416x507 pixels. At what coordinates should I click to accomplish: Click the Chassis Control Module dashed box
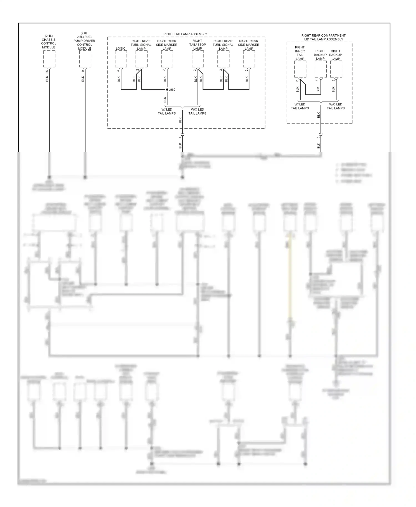pyautogui.click(x=49, y=59)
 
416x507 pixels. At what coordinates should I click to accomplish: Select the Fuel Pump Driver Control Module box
pyautogui.click(x=85, y=59)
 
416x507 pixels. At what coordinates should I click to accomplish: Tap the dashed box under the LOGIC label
pyautogui.click(x=121, y=59)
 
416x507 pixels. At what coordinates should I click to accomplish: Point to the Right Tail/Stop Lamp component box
pyautogui.click(x=198, y=59)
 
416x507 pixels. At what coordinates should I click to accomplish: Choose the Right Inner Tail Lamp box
pyautogui.click(x=300, y=69)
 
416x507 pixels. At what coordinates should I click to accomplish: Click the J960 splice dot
pyautogui.click(x=167, y=90)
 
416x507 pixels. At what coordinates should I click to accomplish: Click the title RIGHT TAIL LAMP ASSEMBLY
pyautogui.click(x=185, y=34)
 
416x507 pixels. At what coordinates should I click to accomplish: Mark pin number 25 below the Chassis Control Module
pyautogui.click(x=47, y=72)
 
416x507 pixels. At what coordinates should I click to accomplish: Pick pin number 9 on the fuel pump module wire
pyautogui.click(x=83, y=71)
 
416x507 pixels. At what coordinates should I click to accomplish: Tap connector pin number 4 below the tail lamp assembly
pyautogui.click(x=180, y=137)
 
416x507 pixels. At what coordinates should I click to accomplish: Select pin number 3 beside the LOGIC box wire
pyautogui.click(x=118, y=71)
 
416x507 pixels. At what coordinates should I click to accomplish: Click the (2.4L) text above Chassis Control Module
pyautogui.click(x=49, y=36)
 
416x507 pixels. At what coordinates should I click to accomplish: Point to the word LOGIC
pyautogui.click(x=120, y=49)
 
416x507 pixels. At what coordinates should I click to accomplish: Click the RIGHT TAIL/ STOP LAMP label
pyautogui.click(x=197, y=45)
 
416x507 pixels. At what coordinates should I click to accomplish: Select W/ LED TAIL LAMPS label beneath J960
pyautogui.click(x=167, y=111)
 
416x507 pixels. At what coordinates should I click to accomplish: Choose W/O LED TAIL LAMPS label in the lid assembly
pyautogui.click(x=336, y=106)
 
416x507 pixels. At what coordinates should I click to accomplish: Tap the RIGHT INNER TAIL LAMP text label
pyautogui.click(x=300, y=53)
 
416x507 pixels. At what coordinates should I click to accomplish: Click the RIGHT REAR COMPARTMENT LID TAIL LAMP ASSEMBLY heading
pyautogui.click(x=323, y=37)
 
